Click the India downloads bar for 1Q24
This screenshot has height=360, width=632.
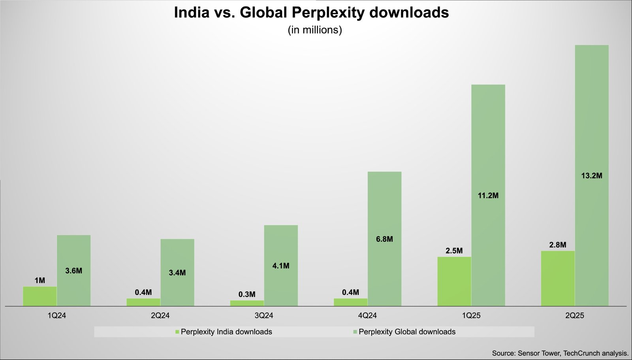[39, 296]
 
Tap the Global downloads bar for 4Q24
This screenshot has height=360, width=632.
[384, 269]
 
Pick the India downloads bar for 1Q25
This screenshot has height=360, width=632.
[454, 281]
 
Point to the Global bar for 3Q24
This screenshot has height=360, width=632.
[281, 285]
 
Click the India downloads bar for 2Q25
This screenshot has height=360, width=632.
[558, 279]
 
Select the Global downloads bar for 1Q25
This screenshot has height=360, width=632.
[488, 237]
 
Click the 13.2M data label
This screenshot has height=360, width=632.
[592, 176]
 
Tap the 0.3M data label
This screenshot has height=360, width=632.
[247, 294]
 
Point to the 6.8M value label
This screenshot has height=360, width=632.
[384, 239]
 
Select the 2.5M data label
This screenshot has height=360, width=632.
[454, 251]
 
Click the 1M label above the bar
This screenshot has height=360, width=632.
[39, 281]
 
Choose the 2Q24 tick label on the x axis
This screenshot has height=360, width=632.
[160, 316]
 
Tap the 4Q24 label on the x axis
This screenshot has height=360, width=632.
[367, 316]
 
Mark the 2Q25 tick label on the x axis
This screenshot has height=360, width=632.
[575, 316]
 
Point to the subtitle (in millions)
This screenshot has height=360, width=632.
[315, 30]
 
